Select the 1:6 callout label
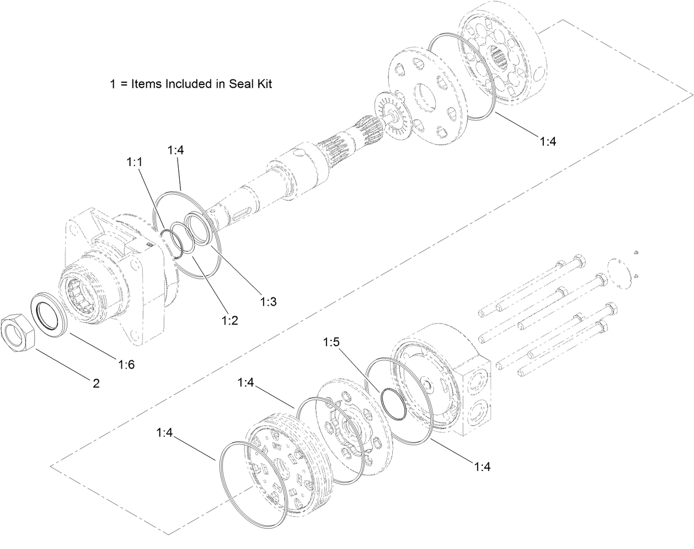(126, 364)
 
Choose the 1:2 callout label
(229, 320)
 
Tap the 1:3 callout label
(268, 301)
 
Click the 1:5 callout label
(331, 342)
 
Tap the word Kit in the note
(263, 84)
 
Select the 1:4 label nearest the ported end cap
(482, 467)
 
